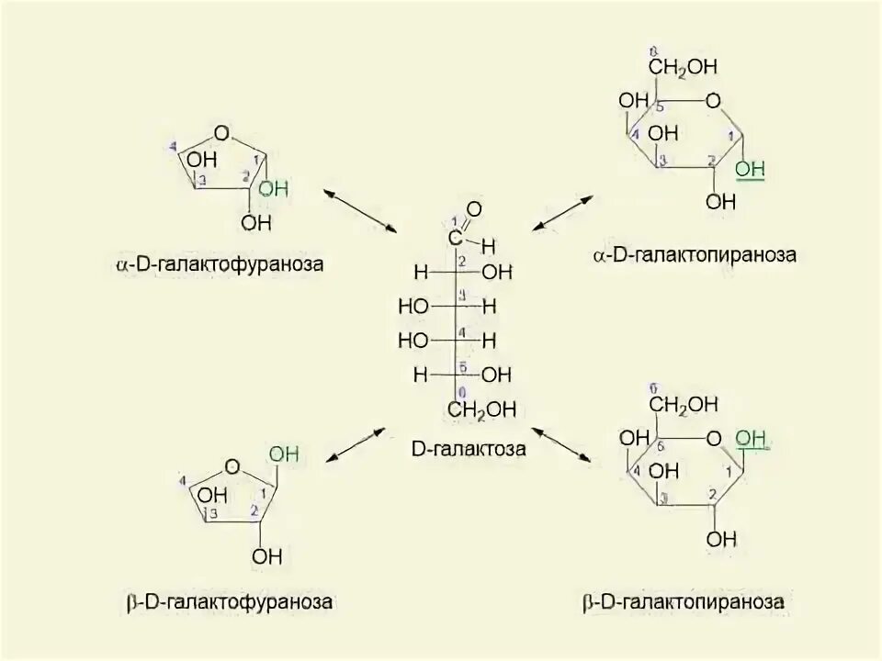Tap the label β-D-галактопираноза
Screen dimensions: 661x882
click(x=684, y=602)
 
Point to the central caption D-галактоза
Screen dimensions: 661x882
click(x=469, y=450)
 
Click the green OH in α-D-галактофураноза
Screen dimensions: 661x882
click(x=274, y=189)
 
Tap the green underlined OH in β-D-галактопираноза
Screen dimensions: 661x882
click(x=750, y=440)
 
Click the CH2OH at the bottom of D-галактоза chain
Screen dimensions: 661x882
click(x=483, y=409)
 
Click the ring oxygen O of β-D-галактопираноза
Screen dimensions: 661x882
click(x=713, y=440)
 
